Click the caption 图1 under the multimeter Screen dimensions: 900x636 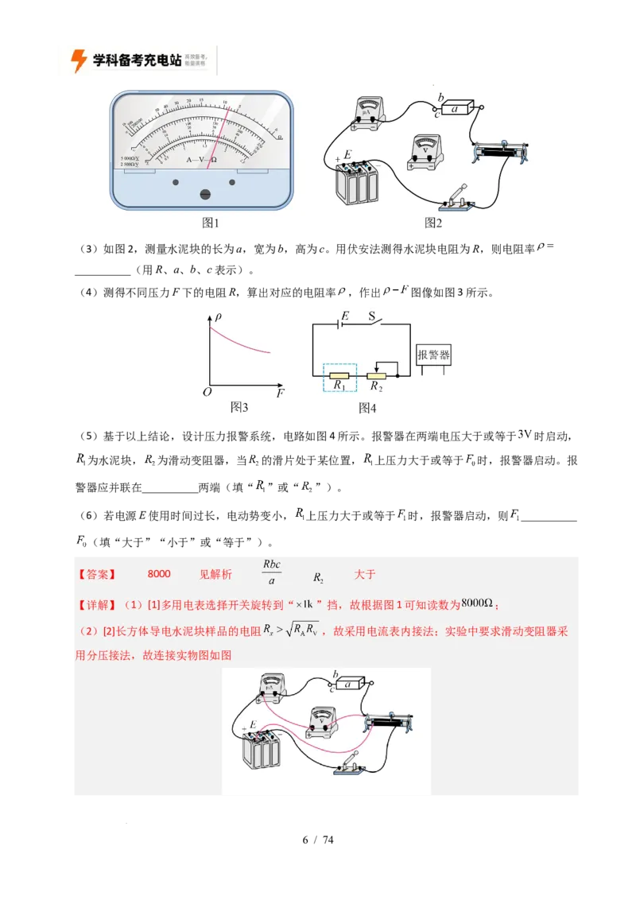tap(210, 223)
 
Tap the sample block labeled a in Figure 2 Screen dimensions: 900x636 tap(457, 110)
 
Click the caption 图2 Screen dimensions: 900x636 tap(433, 223)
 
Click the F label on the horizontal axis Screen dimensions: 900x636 tap(280, 393)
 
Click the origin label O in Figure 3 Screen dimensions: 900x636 tap(207, 393)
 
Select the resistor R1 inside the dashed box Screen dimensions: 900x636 tap(339, 374)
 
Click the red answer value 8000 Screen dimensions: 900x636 tap(159, 574)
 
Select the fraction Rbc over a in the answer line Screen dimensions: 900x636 tap(272, 573)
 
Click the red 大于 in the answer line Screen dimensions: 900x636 tap(365, 574)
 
